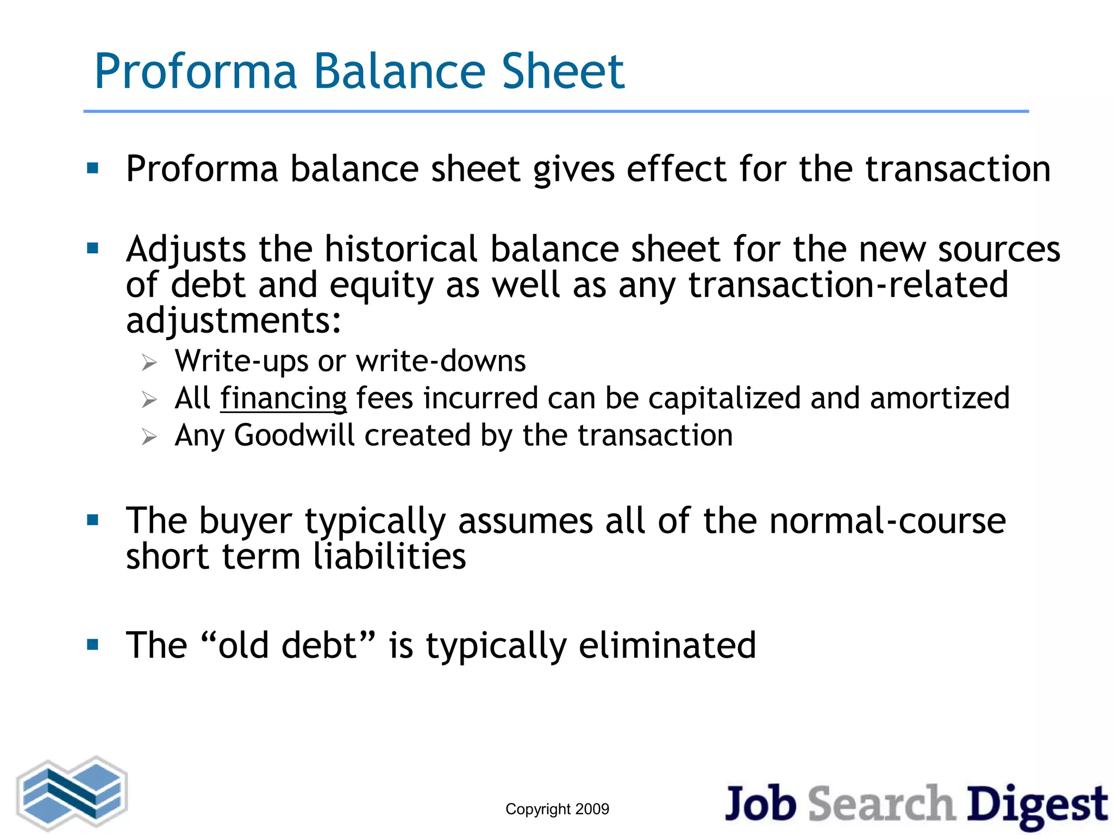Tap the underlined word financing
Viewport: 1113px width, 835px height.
tap(283, 398)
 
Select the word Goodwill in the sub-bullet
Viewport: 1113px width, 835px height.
tap(293, 435)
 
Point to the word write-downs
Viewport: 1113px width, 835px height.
tap(440, 362)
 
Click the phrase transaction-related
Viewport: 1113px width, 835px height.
tap(848, 285)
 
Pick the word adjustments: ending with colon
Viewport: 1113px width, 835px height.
tap(234, 321)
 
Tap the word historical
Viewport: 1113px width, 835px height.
tap(401, 250)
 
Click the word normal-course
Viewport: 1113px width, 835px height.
tap(887, 521)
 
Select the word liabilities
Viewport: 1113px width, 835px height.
tap(390, 557)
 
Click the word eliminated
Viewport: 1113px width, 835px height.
tap(667, 645)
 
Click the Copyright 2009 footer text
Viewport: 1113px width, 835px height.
tap(557, 809)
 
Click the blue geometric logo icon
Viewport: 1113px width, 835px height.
tap(72, 793)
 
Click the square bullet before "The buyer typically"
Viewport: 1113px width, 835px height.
tap(93, 521)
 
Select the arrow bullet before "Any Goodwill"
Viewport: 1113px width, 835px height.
tap(149, 437)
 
